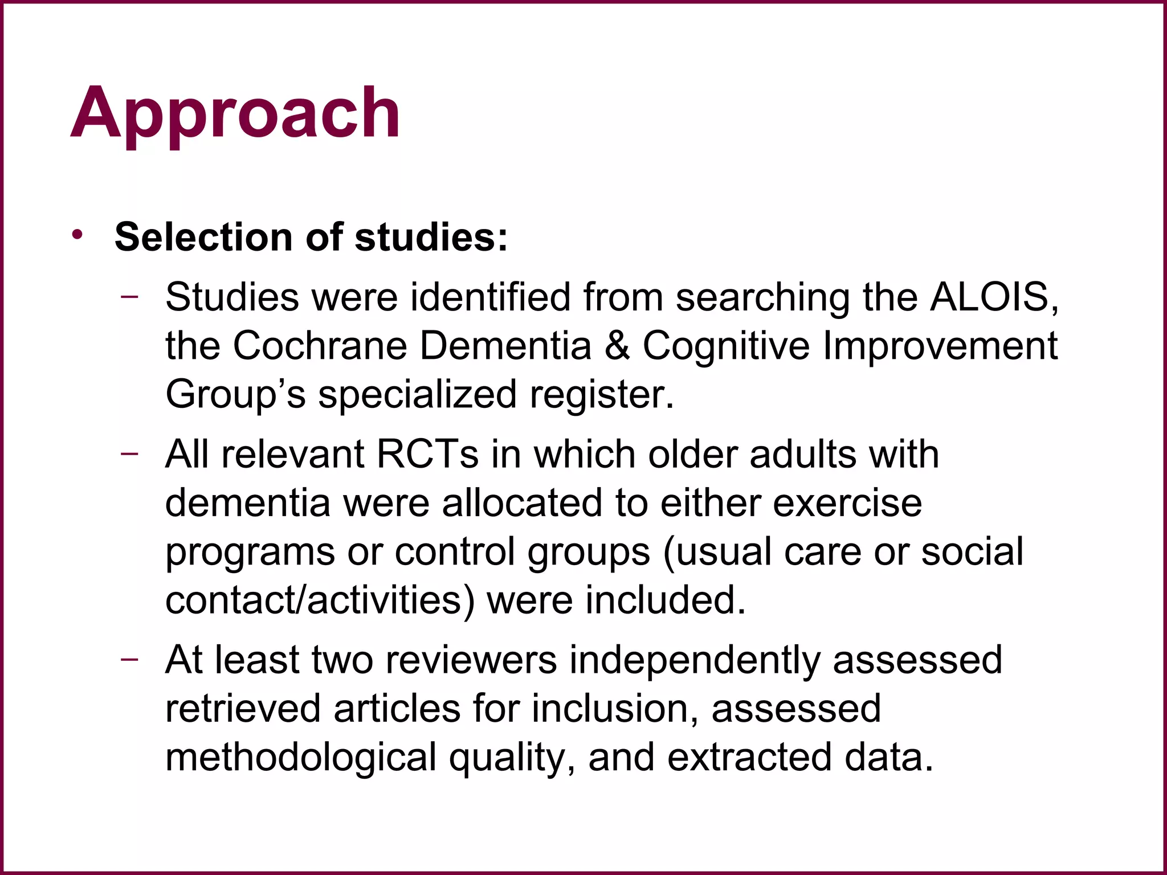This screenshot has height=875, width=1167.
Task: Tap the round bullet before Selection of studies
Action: coord(77,235)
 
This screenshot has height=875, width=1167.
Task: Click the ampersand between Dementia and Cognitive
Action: coord(617,346)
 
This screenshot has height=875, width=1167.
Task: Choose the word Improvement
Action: coord(940,346)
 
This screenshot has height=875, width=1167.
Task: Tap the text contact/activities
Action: coord(319,600)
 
